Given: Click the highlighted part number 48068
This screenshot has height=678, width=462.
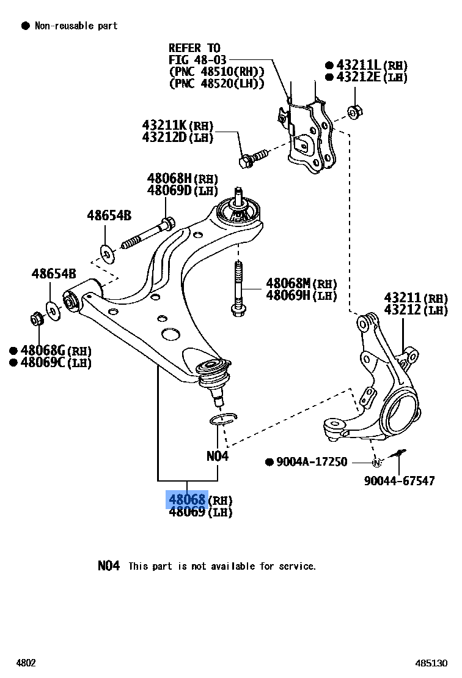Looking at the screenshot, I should pyautogui.click(x=188, y=500).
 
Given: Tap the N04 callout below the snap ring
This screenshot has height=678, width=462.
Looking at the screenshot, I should pyautogui.click(x=217, y=456).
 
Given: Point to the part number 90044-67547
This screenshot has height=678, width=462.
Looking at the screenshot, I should pyautogui.click(x=399, y=481).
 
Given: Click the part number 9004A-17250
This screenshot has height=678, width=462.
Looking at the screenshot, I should pyautogui.click(x=311, y=462).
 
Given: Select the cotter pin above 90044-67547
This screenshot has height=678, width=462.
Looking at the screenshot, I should pyautogui.click(x=398, y=453).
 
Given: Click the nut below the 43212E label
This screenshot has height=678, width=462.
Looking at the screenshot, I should pyautogui.click(x=354, y=112).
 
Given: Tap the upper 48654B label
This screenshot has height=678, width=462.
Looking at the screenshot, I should pyautogui.click(x=109, y=215).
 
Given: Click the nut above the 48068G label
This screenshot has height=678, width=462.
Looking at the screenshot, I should pyautogui.click(x=37, y=319).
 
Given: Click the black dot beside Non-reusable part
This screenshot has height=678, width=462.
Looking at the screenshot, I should pyautogui.click(x=26, y=26).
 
